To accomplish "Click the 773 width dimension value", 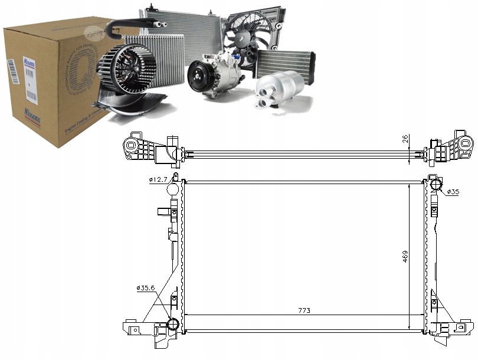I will click(x=304, y=310).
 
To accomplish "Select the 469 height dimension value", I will click(x=404, y=257).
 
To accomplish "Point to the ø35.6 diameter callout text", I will click(x=146, y=287).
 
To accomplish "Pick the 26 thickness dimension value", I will click(x=404, y=140).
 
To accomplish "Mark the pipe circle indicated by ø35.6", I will click(x=173, y=324).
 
